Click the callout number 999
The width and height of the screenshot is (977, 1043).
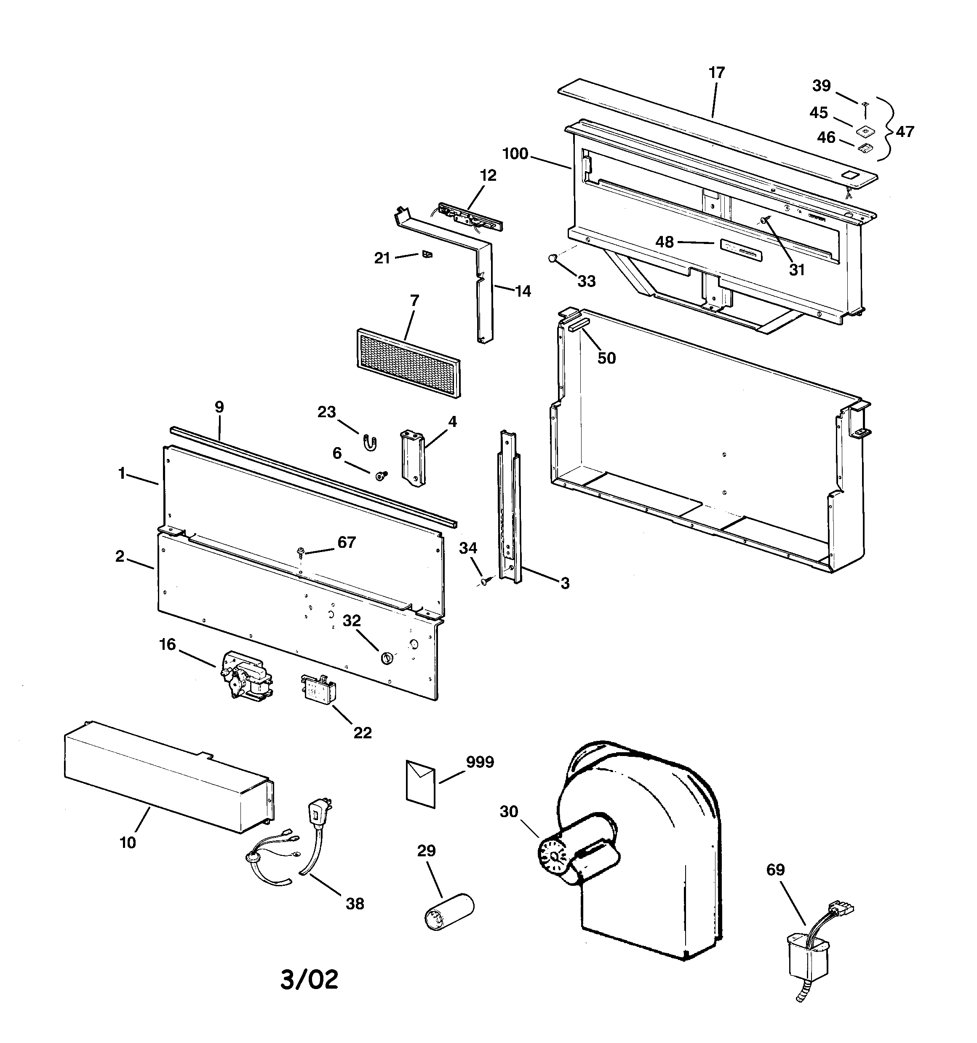coord(480,762)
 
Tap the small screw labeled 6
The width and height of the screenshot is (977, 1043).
coord(381,475)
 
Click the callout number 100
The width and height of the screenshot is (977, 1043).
coord(515,154)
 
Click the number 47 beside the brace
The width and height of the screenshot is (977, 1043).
coord(905,131)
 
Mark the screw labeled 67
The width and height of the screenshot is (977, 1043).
coord(301,551)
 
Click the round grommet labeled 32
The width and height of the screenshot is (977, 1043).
coord(387,657)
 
